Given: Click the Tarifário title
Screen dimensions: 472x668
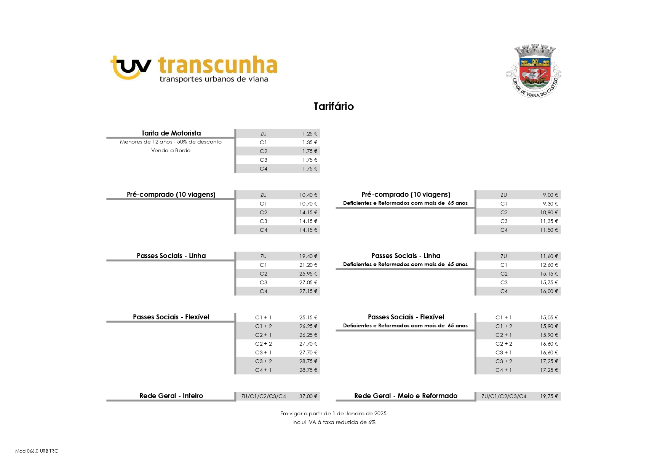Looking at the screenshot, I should click(x=334, y=107).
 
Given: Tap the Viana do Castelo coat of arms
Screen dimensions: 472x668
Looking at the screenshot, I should click(x=534, y=71).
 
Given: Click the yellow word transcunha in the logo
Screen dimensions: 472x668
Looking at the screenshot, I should click(x=217, y=65).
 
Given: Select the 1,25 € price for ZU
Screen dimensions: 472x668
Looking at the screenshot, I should click(x=310, y=134).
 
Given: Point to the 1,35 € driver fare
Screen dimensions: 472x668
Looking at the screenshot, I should click(x=310, y=142).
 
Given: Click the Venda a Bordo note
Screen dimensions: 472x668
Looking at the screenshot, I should click(x=171, y=150).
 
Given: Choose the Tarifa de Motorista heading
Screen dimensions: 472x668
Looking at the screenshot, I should click(x=171, y=133).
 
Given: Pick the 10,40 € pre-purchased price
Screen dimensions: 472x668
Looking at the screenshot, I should click(x=308, y=195).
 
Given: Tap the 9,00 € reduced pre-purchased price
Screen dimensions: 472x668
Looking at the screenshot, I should click(x=550, y=195).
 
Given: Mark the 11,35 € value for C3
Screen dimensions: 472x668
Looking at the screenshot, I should click(x=549, y=221).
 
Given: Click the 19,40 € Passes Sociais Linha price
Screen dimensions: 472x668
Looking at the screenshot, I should click(x=308, y=256).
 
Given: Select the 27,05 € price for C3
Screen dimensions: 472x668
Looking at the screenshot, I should click(x=308, y=282).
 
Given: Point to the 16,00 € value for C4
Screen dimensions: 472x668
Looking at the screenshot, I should click(x=549, y=291).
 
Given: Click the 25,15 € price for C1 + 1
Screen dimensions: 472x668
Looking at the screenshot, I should click(x=308, y=317).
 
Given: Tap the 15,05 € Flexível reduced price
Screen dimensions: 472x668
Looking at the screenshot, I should click(x=549, y=317).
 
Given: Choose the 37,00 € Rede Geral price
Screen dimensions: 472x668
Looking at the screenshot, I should click(x=308, y=396).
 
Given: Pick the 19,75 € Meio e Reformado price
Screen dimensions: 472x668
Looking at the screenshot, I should click(x=549, y=396).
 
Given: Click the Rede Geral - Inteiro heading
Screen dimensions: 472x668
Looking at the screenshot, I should click(x=171, y=396).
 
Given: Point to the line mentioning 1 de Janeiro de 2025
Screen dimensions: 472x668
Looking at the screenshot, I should click(x=334, y=413).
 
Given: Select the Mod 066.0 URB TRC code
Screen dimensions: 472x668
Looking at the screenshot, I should click(x=37, y=451).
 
